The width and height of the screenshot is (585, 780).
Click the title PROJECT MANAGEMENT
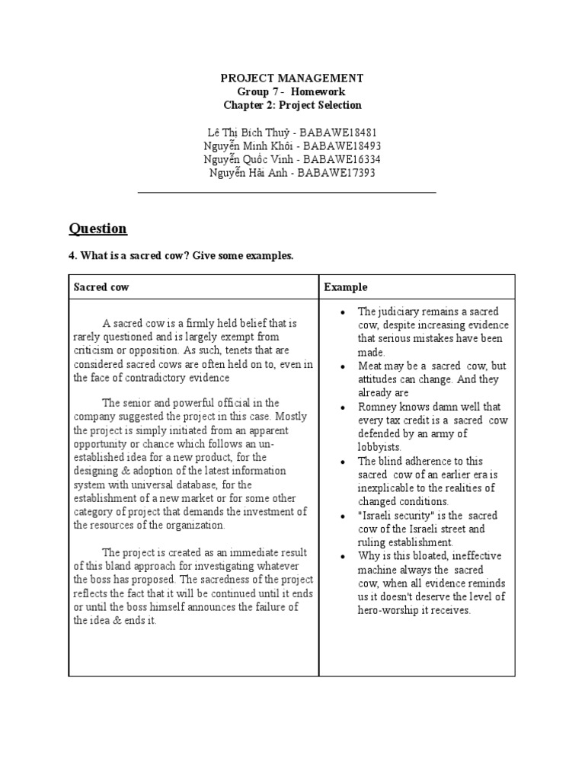click(292, 78)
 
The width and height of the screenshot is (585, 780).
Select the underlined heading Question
click(97, 229)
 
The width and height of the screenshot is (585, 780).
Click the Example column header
click(346, 287)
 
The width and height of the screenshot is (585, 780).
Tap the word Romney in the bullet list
click(376, 407)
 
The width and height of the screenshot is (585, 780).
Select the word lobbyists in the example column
click(379, 447)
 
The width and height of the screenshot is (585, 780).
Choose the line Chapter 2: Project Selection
click(292, 105)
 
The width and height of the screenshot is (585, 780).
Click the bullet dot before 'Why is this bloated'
click(344, 556)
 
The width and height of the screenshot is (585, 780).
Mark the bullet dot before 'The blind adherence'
click(344, 462)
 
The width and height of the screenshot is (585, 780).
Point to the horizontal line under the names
click(286, 193)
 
